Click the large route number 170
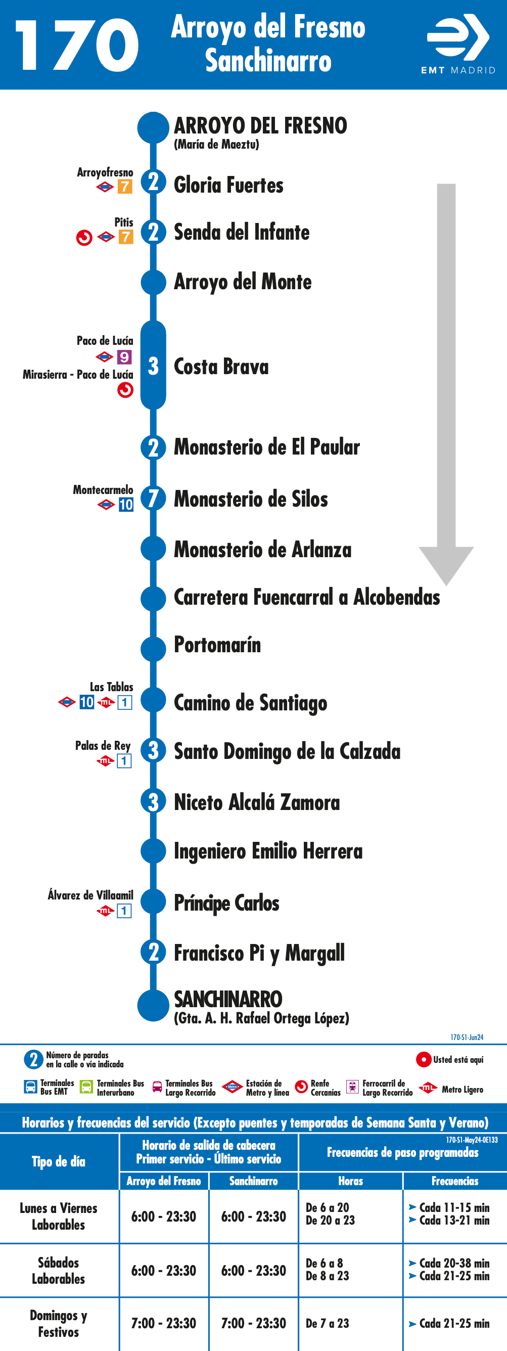(77, 46)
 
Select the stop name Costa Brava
(221, 366)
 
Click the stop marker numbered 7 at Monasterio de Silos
(153, 498)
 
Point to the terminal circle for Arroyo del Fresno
(153, 127)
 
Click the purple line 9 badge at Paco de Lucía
(124, 357)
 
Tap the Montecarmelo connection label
(103, 490)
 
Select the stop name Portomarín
(217, 645)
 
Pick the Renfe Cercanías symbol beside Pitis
(84, 238)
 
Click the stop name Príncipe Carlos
(226, 903)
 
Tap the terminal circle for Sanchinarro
(153, 1005)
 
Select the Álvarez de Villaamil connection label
(90, 895)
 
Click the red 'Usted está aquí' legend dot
(423, 1059)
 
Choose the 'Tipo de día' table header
(58, 1162)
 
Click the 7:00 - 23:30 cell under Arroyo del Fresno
(164, 1323)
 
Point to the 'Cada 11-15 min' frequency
(454, 1207)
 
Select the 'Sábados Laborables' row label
(58, 1270)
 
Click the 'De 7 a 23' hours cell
(327, 1323)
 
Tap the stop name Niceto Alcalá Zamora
(257, 802)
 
